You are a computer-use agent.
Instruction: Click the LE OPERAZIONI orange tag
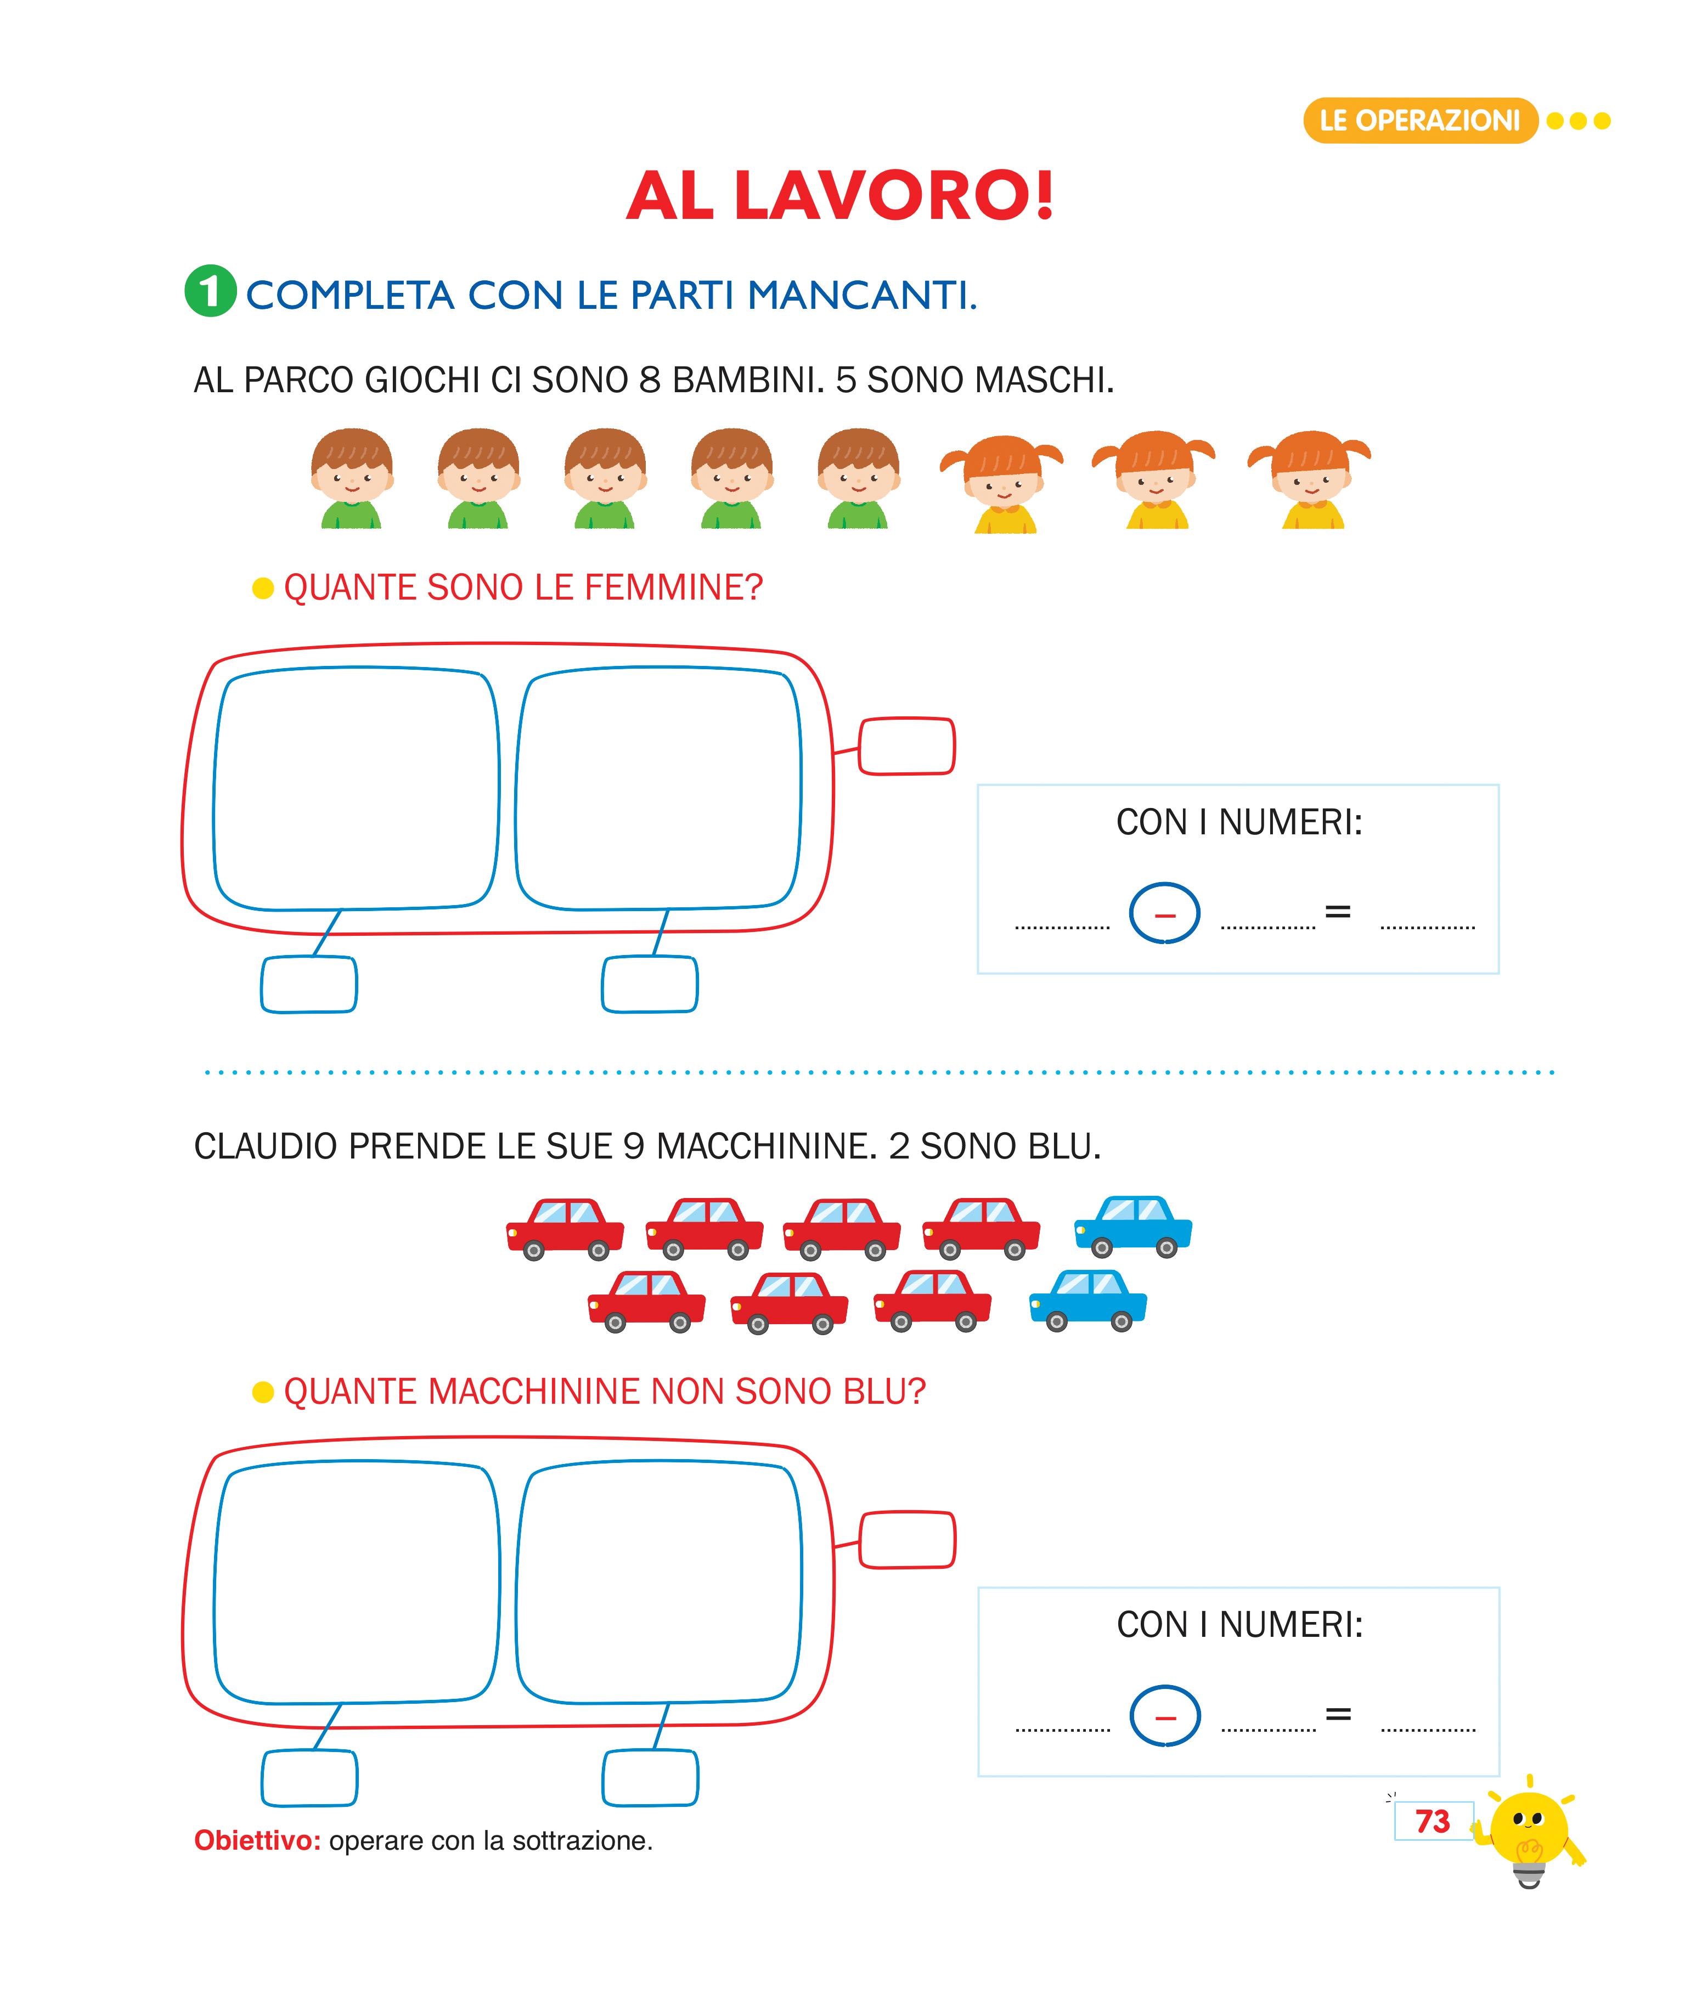pos(1419,120)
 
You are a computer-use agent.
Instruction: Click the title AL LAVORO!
pos(841,197)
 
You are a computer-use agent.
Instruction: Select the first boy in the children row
pos(352,477)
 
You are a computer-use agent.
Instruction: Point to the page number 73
pos(1432,1821)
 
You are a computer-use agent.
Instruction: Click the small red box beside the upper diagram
pos(906,746)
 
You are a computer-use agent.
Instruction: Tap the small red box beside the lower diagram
pos(906,1539)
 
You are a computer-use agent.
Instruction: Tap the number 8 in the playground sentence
pos(650,380)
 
